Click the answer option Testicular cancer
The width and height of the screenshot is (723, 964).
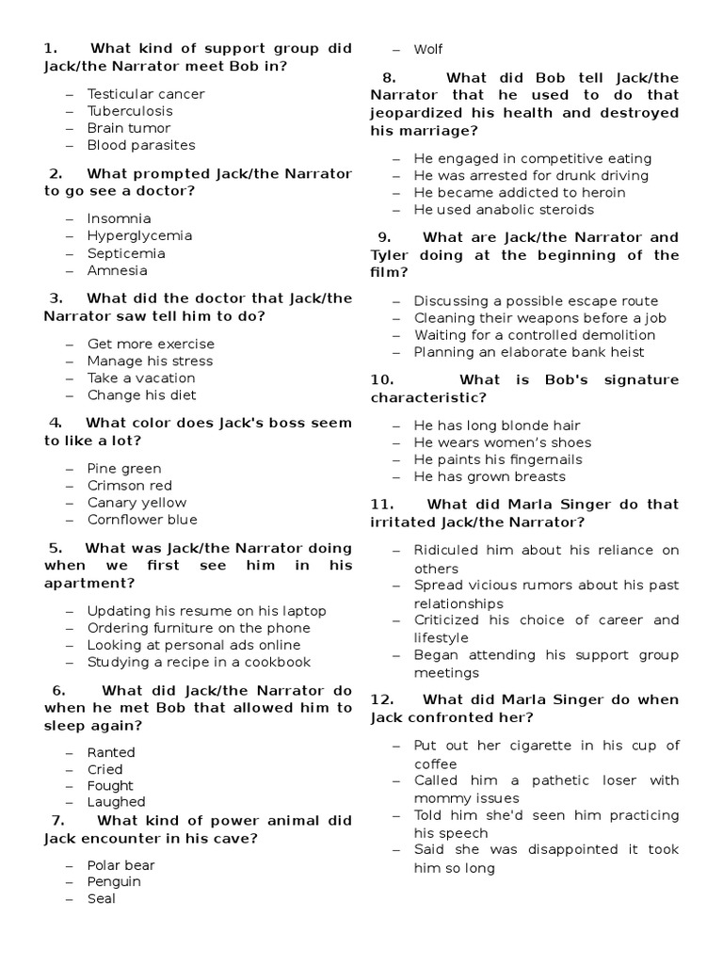pos(145,94)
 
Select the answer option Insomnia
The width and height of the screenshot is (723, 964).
pos(119,219)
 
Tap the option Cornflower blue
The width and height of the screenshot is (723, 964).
pos(142,520)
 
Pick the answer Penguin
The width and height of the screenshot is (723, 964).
pos(114,882)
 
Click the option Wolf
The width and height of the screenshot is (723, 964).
pos(428,49)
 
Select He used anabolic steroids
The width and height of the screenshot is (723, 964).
pos(504,210)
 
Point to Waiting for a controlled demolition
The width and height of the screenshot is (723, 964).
pos(538,335)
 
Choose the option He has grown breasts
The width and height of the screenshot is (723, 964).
pos(490,477)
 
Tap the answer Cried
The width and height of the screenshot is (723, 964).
pos(105,770)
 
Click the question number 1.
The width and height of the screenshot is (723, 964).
pos(51,49)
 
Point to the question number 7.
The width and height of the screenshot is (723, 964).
pos(52,820)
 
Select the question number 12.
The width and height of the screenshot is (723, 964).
pos(381,699)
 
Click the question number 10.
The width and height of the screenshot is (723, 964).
pos(381,380)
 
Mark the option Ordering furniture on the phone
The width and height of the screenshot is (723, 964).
pos(199,628)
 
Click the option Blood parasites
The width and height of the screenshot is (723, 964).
pos(141,145)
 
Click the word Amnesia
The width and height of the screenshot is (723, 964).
pos(118,271)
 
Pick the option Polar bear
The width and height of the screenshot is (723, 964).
pos(120,865)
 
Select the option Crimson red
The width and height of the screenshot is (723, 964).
pos(130,486)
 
